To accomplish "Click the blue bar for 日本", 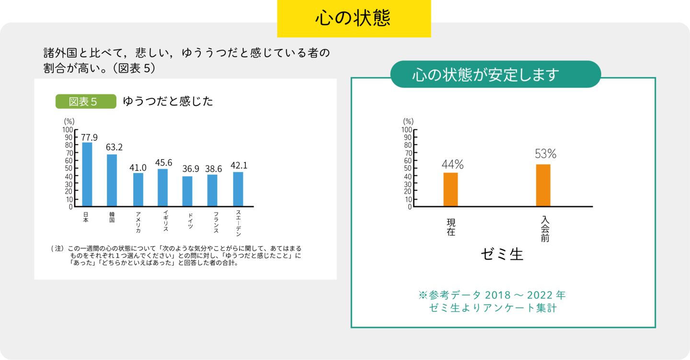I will (x=87, y=174).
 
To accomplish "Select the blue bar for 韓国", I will (x=112, y=180).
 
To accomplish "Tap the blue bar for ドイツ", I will (x=187, y=191).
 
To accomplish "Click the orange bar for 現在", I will (x=450, y=189).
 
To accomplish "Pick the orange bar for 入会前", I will (x=543, y=186).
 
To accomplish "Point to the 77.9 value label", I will (x=89, y=138).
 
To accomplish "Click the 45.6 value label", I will (x=164, y=163).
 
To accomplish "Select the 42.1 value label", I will (x=239, y=165).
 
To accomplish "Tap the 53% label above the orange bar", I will (x=545, y=154).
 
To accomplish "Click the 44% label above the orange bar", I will (x=453, y=164).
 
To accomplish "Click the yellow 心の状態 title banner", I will (x=354, y=18).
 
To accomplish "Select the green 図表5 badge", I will (x=86, y=102).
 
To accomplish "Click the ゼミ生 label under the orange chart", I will (x=502, y=254).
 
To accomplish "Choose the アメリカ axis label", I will (x=138, y=222).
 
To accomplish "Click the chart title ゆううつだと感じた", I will (x=168, y=102).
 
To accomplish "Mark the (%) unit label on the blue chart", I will (x=69, y=121).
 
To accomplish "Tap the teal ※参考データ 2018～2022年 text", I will (x=492, y=295).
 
